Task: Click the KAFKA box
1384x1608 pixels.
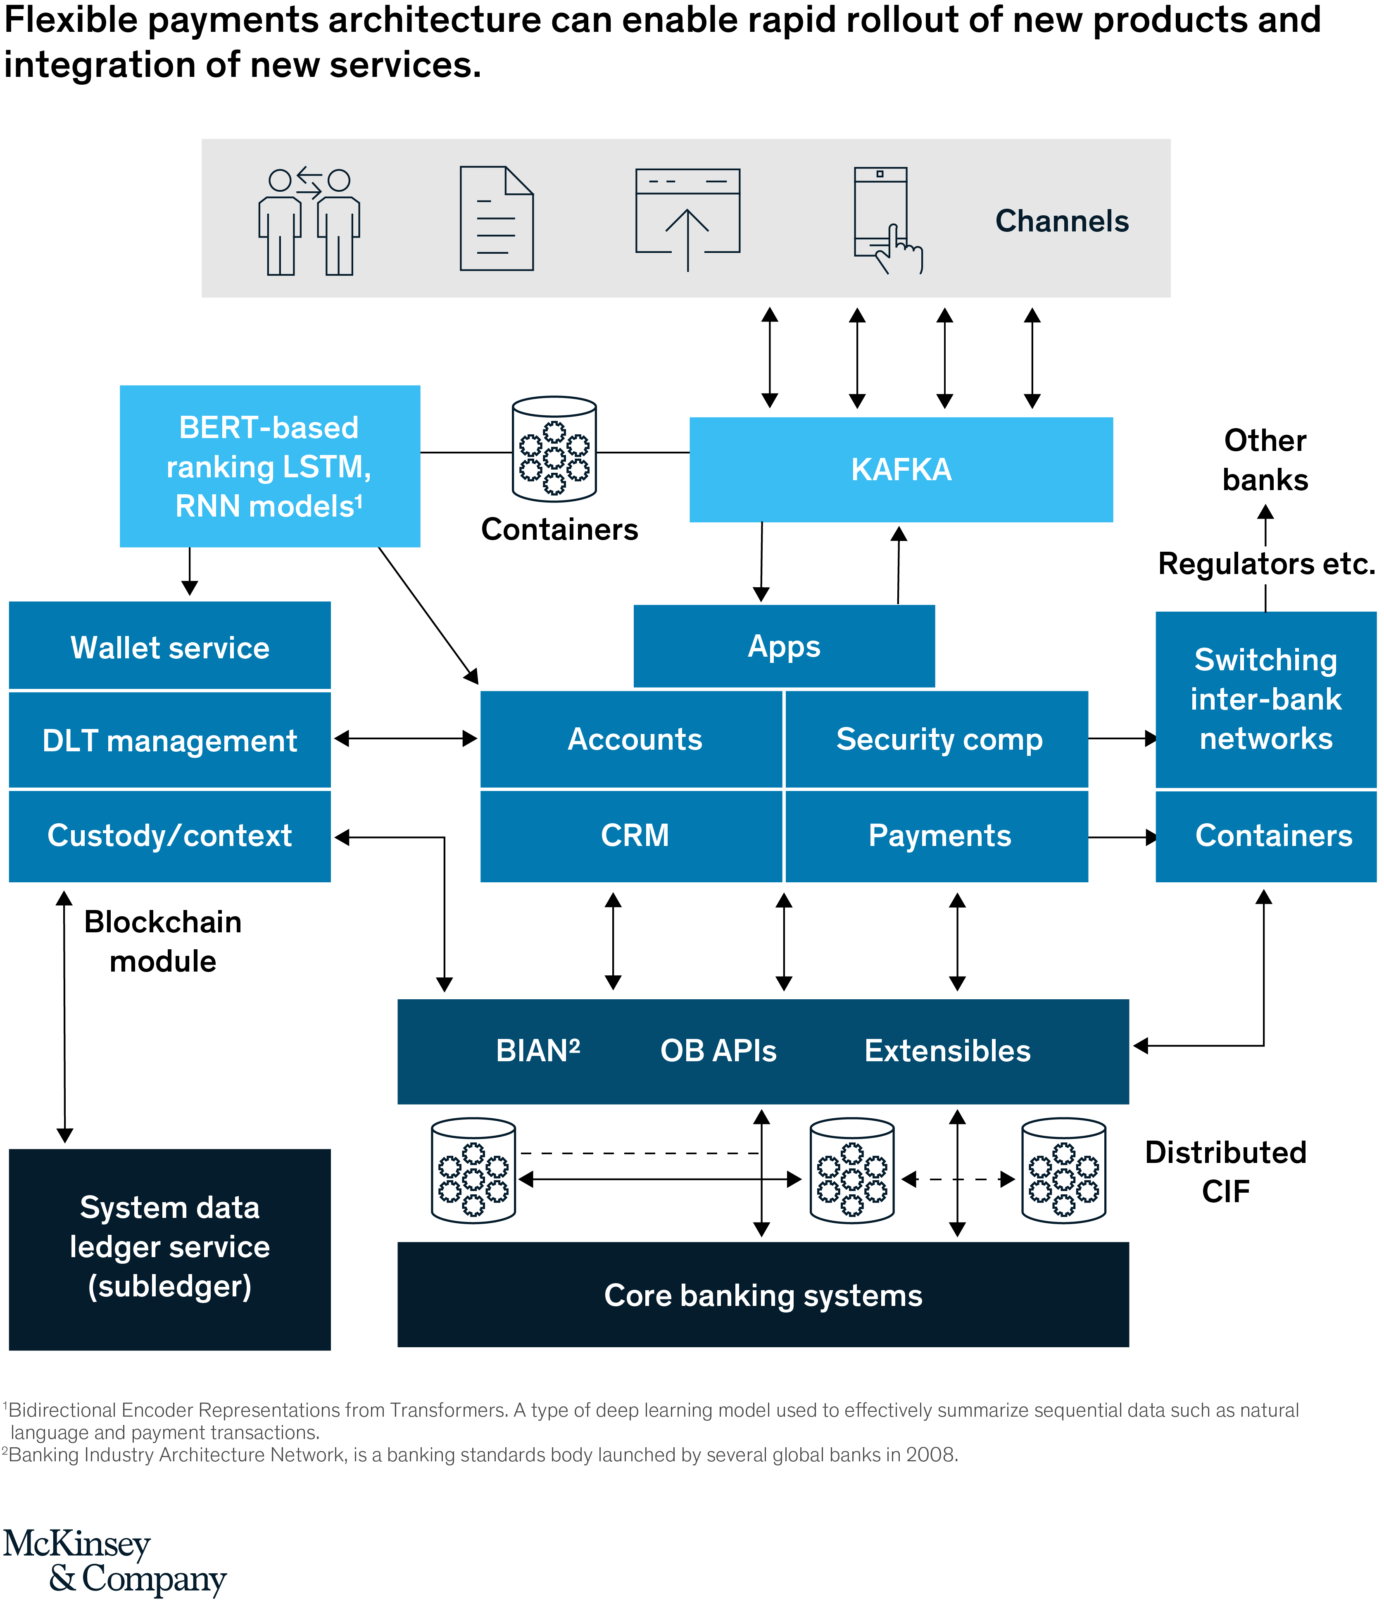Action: pyautogui.click(x=901, y=469)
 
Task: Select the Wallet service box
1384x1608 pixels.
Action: pyautogui.click(x=170, y=646)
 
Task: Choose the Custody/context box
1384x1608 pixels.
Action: pyautogui.click(x=170, y=836)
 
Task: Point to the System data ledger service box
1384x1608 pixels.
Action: pyautogui.click(x=170, y=1247)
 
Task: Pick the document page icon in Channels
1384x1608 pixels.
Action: pyautogui.click(x=497, y=219)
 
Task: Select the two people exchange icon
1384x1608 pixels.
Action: pyautogui.click(x=309, y=221)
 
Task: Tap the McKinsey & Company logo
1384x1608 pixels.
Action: pyautogui.click(x=115, y=1561)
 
